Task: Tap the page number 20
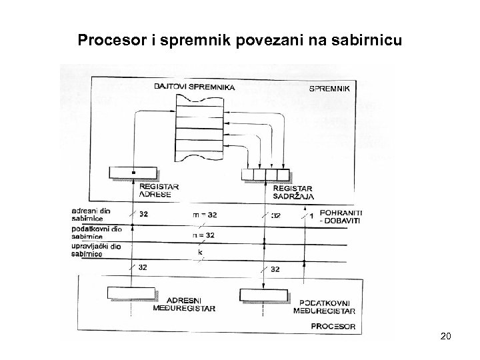click(446, 336)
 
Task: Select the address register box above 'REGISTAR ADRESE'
click(133, 173)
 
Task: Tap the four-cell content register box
click(265, 175)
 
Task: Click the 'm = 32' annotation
click(204, 215)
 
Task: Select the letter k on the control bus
click(199, 253)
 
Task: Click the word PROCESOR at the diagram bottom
click(333, 327)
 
